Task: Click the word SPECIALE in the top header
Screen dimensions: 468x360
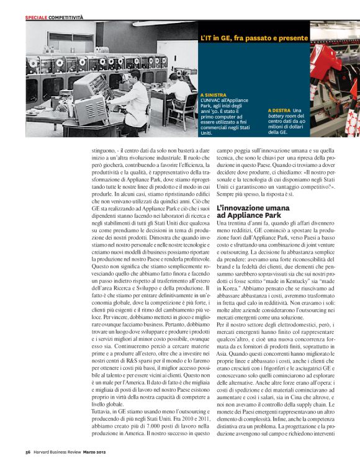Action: (x=36, y=17)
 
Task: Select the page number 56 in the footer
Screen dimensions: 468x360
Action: (x=29, y=452)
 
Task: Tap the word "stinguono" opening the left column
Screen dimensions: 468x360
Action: (x=99, y=150)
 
